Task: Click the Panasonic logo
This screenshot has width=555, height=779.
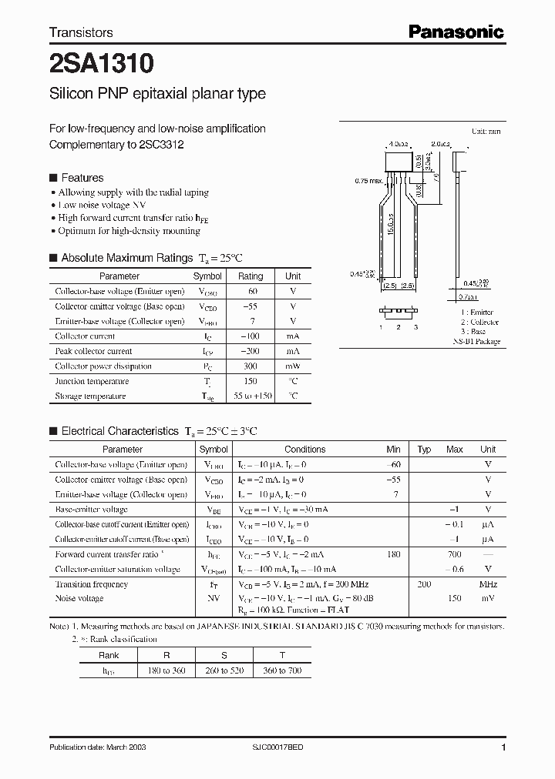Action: (x=456, y=32)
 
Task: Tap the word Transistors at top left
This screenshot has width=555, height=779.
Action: (x=81, y=32)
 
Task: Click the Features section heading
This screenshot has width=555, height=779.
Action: (x=82, y=177)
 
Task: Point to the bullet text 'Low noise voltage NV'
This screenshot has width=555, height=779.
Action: (x=103, y=206)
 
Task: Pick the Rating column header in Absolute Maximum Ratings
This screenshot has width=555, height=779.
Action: (x=251, y=276)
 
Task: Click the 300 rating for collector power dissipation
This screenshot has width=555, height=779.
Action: (x=251, y=366)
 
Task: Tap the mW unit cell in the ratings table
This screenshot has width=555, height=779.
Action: (x=293, y=366)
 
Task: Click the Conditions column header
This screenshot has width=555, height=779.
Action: (x=305, y=450)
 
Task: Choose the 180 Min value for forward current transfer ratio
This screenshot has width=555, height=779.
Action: (x=395, y=554)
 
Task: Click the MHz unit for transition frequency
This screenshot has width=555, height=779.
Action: (x=487, y=584)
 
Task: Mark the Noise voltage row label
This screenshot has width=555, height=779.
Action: (x=79, y=599)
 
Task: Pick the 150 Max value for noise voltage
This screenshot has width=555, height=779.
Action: (x=454, y=599)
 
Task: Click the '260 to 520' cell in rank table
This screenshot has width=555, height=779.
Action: (x=226, y=670)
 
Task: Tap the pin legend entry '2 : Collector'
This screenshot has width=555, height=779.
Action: (x=479, y=322)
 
